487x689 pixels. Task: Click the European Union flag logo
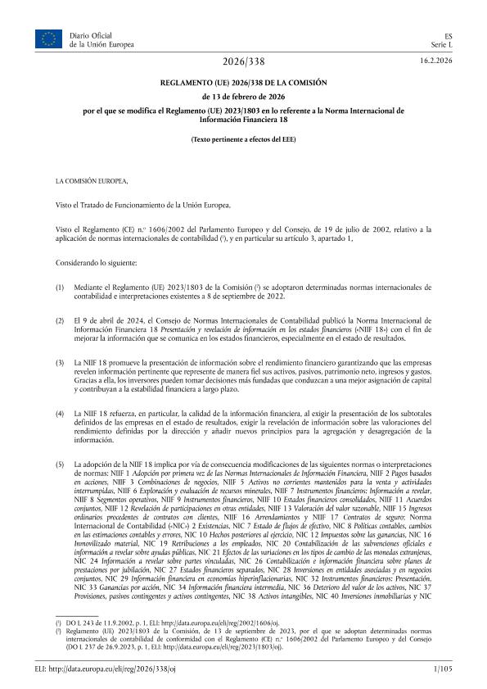[x=47, y=37]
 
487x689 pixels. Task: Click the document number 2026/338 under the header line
[x=243, y=62]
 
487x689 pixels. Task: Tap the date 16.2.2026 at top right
[x=435, y=61]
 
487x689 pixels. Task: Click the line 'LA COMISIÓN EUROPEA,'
[x=91, y=179]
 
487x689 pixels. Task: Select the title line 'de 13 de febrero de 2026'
[x=243, y=95]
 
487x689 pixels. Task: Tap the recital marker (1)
[x=59, y=289]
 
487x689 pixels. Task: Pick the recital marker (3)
[x=59, y=361]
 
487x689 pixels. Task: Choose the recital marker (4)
[x=59, y=415]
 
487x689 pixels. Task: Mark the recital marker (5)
[x=59, y=465]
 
